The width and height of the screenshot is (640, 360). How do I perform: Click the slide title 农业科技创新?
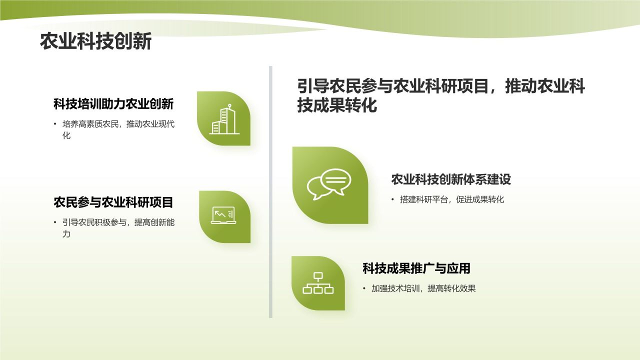[95, 41]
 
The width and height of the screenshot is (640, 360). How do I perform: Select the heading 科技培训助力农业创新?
[113, 104]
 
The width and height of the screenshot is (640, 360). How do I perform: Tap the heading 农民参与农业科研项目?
[113, 202]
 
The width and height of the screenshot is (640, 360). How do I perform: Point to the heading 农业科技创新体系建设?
[451, 179]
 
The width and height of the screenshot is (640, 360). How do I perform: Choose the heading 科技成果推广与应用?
[416, 268]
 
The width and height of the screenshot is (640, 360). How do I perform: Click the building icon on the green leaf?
[224, 119]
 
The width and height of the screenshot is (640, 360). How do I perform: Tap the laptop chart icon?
[223, 215]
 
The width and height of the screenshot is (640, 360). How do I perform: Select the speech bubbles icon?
[329, 184]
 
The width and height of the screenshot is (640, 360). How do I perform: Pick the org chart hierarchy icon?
[318, 283]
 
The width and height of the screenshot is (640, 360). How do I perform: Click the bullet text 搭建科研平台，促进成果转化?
[452, 199]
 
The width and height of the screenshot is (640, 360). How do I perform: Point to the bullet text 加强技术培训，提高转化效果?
[423, 288]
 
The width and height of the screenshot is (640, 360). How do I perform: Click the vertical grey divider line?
[270, 192]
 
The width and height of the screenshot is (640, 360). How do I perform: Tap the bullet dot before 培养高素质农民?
[55, 124]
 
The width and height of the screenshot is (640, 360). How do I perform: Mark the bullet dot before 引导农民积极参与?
[55, 222]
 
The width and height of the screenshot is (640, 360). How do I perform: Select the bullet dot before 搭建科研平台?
[393, 199]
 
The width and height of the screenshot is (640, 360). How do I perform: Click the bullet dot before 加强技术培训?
[364, 288]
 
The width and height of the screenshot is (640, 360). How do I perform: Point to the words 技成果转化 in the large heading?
[337, 105]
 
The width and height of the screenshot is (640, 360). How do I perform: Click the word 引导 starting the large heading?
[313, 86]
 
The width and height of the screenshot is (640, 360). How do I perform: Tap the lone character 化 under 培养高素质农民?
[66, 135]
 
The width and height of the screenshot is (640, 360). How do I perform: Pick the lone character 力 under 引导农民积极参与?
[66, 233]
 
